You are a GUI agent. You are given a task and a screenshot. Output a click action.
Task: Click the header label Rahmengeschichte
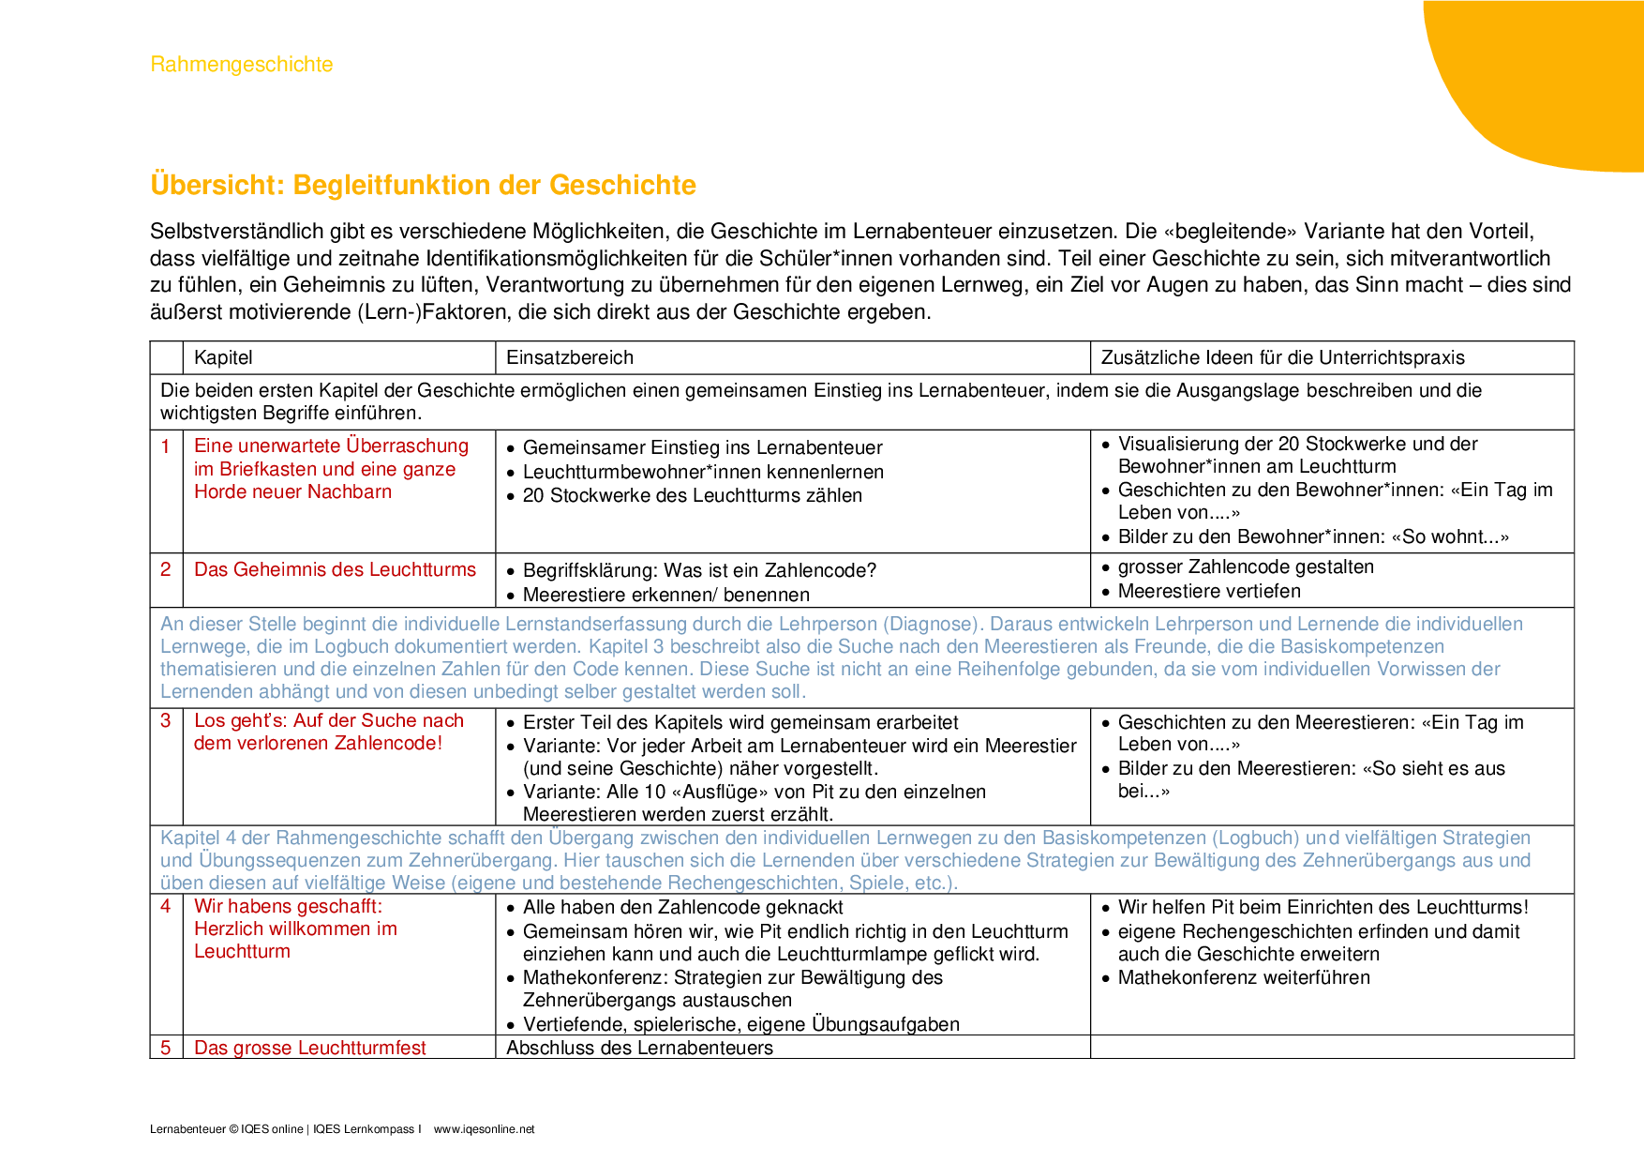(x=241, y=65)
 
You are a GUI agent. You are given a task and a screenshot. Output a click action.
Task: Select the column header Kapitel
(x=223, y=357)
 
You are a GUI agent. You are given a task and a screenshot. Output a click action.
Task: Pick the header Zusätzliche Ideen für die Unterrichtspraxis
(x=1282, y=357)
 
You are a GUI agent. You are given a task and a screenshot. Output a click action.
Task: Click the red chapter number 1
(x=166, y=446)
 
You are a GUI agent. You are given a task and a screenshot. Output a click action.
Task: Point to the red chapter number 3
(x=166, y=720)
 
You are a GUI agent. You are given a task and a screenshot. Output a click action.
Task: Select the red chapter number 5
(x=166, y=1048)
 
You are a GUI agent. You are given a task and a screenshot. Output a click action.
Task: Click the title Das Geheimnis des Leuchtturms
(x=335, y=569)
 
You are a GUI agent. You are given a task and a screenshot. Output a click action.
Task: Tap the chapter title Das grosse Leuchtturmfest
(x=309, y=1048)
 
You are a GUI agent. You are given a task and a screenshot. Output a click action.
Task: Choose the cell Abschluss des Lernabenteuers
(x=639, y=1048)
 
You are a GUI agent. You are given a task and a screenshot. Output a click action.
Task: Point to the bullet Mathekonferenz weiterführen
(x=1244, y=977)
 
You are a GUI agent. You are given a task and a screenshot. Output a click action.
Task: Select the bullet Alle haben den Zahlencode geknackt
(x=682, y=907)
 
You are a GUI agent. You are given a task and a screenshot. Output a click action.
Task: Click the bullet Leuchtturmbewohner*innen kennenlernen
(x=703, y=472)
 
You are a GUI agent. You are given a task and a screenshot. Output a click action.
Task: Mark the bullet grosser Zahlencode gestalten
(x=1246, y=566)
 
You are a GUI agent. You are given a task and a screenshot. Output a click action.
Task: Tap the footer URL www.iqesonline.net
(x=484, y=1129)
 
